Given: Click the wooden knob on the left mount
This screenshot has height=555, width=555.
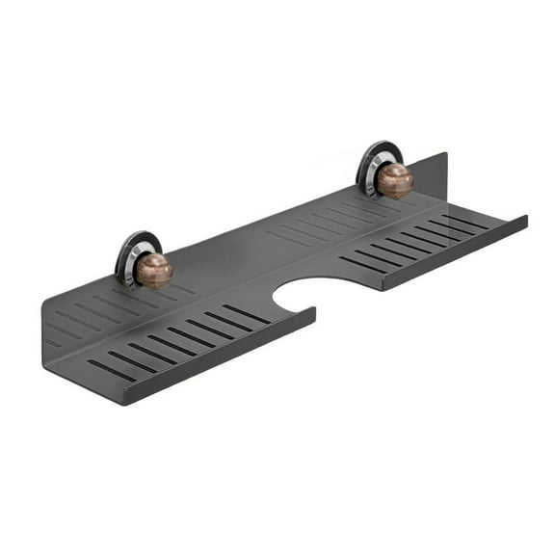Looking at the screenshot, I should tap(153, 271).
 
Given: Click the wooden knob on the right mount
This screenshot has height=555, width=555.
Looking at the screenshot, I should tap(394, 180).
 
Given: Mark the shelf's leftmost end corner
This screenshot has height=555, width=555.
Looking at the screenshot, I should tap(43, 306).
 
